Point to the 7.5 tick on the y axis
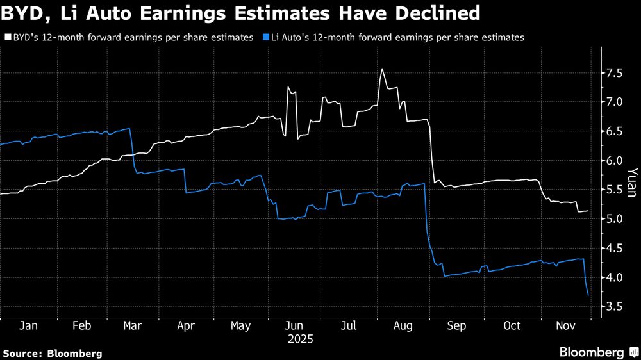[x=614, y=74]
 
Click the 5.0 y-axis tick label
[x=614, y=219]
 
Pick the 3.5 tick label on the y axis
[x=614, y=307]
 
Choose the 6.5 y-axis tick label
[x=614, y=132]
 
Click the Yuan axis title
[x=631, y=183]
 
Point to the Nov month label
[x=564, y=326]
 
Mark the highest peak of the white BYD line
[x=382, y=69]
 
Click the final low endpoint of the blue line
[x=588, y=295]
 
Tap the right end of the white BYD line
[x=588, y=211]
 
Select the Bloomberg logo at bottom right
[x=598, y=352]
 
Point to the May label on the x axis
[x=240, y=326]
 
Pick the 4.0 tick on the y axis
[x=614, y=278]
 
